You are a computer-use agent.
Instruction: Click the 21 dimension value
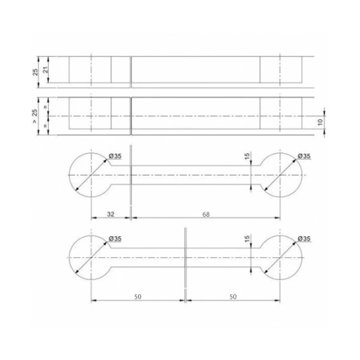pyautogui.click(x=46, y=70)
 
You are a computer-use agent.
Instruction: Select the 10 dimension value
pyautogui.click(x=320, y=122)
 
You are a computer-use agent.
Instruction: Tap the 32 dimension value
pyautogui.click(x=111, y=214)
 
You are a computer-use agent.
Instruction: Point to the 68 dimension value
pyautogui.click(x=206, y=214)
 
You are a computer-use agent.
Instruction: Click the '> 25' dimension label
pyautogui.click(x=35, y=115)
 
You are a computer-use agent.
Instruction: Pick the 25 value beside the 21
pyautogui.click(x=36, y=72)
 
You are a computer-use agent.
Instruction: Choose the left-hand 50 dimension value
pyautogui.click(x=138, y=297)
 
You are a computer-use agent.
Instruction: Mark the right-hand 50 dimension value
pyautogui.click(x=232, y=297)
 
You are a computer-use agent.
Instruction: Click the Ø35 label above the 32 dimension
pyautogui.click(x=115, y=156)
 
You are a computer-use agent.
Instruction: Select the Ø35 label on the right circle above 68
pyautogui.click(x=304, y=156)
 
